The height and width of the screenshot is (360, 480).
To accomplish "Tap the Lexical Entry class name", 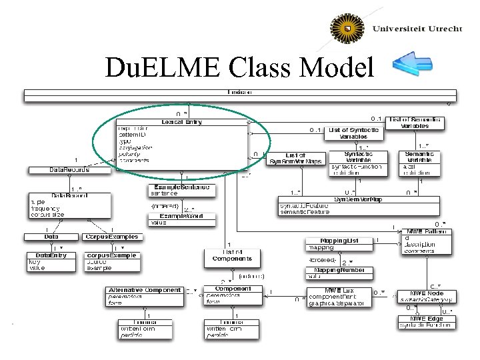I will click(x=181, y=121).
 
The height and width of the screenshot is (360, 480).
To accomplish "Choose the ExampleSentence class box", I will click(x=182, y=191).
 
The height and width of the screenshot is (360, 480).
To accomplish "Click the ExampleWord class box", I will click(x=182, y=219).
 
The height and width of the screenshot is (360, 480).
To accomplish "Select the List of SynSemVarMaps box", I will click(x=295, y=159).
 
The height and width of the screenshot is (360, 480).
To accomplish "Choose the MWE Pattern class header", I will click(x=427, y=232).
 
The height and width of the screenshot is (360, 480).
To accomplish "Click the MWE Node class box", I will click(x=427, y=296).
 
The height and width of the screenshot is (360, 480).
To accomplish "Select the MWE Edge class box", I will click(x=427, y=321).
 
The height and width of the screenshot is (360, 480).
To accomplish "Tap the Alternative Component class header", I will click(x=145, y=290).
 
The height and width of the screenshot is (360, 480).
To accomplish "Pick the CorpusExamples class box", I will click(x=112, y=237).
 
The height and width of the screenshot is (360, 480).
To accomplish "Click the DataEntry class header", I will click(x=51, y=255).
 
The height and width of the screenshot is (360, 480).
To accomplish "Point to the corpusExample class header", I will click(x=111, y=255).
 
